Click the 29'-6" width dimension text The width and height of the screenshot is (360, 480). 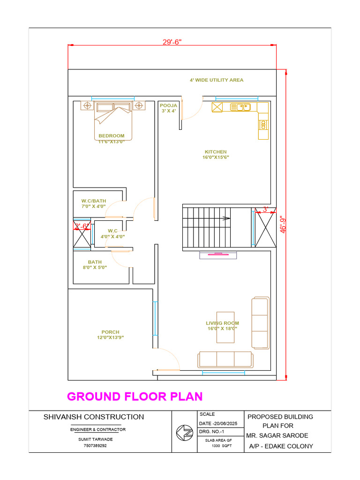(172, 42)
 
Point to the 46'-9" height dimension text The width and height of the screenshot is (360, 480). (283, 225)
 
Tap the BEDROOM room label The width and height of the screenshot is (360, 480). (112, 135)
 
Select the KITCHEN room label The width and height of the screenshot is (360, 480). (216, 152)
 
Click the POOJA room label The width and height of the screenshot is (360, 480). (168, 105)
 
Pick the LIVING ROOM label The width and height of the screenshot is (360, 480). (223, 323)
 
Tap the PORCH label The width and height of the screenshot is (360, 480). (111, 332)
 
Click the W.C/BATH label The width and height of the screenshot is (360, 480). (94, 201)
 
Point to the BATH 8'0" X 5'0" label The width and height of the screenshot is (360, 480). (95, 265)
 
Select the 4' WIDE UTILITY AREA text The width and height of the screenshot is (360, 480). (217, 80)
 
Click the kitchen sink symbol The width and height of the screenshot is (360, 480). (240, 107)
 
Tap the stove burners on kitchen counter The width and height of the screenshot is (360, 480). (263, 125)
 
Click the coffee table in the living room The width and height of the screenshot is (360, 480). (225, 327)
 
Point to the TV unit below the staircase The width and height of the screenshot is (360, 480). (218, 255)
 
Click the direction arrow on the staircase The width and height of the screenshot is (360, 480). (226, 218)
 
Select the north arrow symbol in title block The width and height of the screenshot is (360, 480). (185, 433)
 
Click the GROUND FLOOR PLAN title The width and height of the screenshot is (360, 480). (135, 397)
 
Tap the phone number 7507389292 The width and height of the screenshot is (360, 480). (95, 446)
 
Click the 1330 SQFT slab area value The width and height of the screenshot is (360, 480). (222, 446)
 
